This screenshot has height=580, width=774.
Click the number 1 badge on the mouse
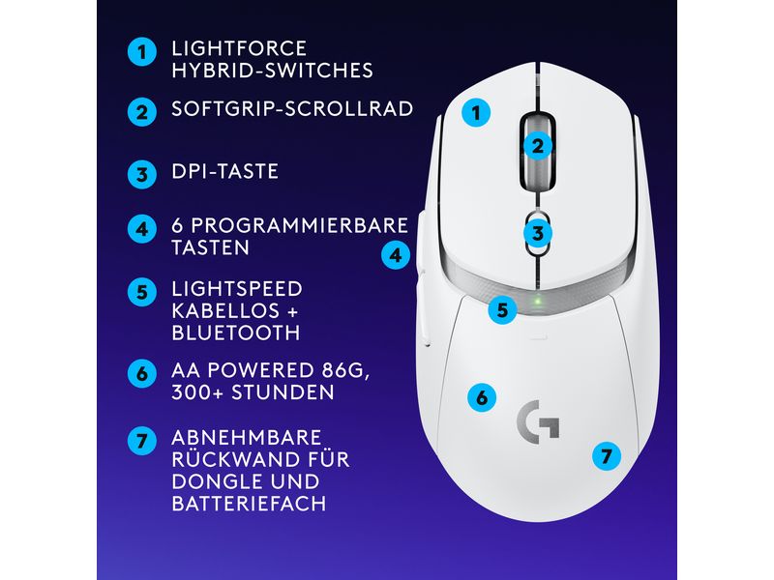[475, 113]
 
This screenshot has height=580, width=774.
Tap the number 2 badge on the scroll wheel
[539, 146]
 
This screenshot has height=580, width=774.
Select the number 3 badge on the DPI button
[539, 232]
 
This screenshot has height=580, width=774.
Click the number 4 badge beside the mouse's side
[395, 256]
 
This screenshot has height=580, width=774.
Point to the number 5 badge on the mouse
[501, 310]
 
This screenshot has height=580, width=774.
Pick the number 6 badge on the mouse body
[481, 396]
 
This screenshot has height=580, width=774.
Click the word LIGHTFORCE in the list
[239, 48]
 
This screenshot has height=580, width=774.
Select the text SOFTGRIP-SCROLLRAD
[292, 108]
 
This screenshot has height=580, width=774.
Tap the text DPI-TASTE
[224, 172]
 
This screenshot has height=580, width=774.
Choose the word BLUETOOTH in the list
[235, 333]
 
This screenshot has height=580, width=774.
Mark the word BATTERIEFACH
[248, 504]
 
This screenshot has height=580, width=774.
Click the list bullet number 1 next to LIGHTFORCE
[141, 53]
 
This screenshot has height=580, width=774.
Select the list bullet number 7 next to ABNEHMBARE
[141, 440]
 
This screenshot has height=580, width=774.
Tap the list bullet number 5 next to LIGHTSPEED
[141, 291]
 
